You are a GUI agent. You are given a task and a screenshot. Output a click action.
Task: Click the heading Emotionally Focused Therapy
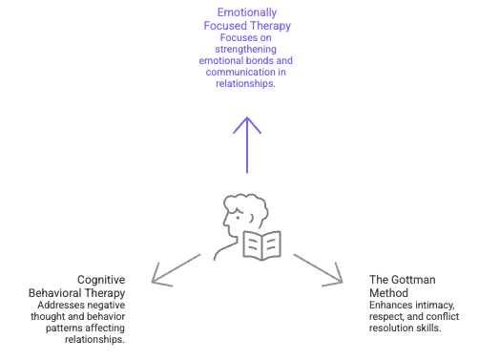[x=246, y=19]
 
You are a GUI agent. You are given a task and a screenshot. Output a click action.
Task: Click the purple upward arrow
[x=247, y=143]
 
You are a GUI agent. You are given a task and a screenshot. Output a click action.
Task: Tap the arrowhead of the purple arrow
[x=247, y=121]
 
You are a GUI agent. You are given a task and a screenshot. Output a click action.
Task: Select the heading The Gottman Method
[x=402, y=286]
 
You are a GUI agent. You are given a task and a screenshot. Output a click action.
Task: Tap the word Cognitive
[x=104, y=279]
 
